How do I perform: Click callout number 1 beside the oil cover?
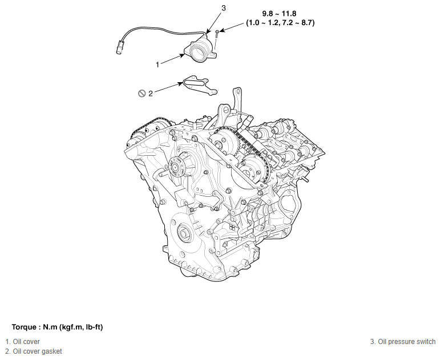[157, 64]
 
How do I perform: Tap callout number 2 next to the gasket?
[151, 94]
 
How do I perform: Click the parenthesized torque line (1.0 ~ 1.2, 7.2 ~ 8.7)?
[281, 23]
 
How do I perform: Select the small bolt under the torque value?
[218, 35]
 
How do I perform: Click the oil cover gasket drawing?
[198, 86]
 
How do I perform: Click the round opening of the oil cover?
[200, 55]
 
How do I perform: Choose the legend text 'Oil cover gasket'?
[37, 351]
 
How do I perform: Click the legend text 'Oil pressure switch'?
[407, 342]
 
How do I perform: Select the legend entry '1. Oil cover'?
[23, 342]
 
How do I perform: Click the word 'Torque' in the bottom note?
[24, 327]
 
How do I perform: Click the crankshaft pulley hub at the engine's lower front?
[184, 233]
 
